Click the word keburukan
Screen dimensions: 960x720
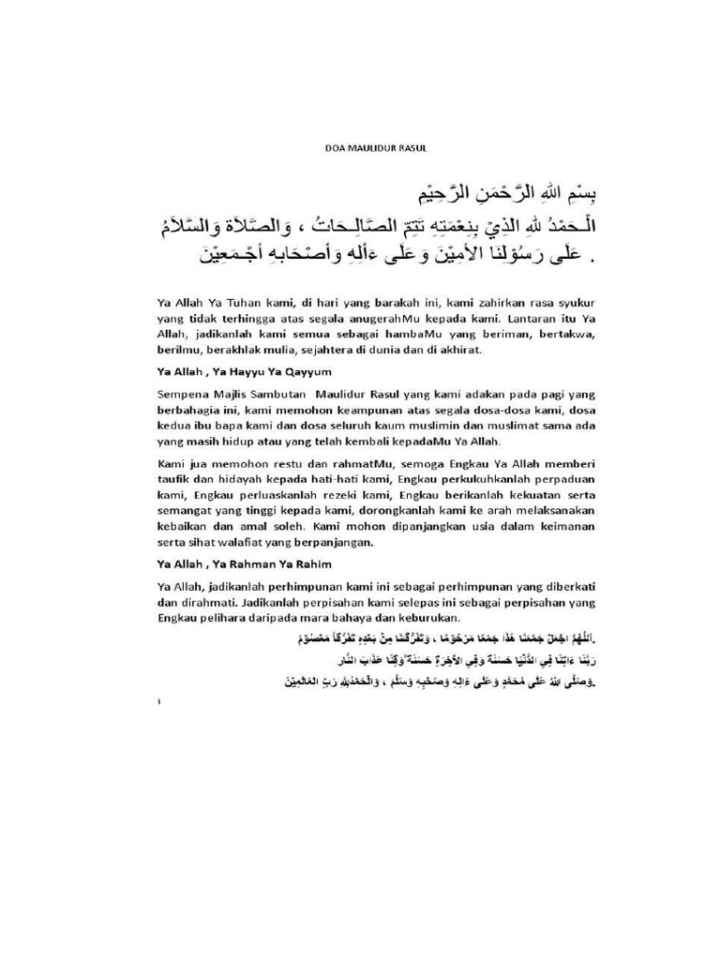point(429,619)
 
